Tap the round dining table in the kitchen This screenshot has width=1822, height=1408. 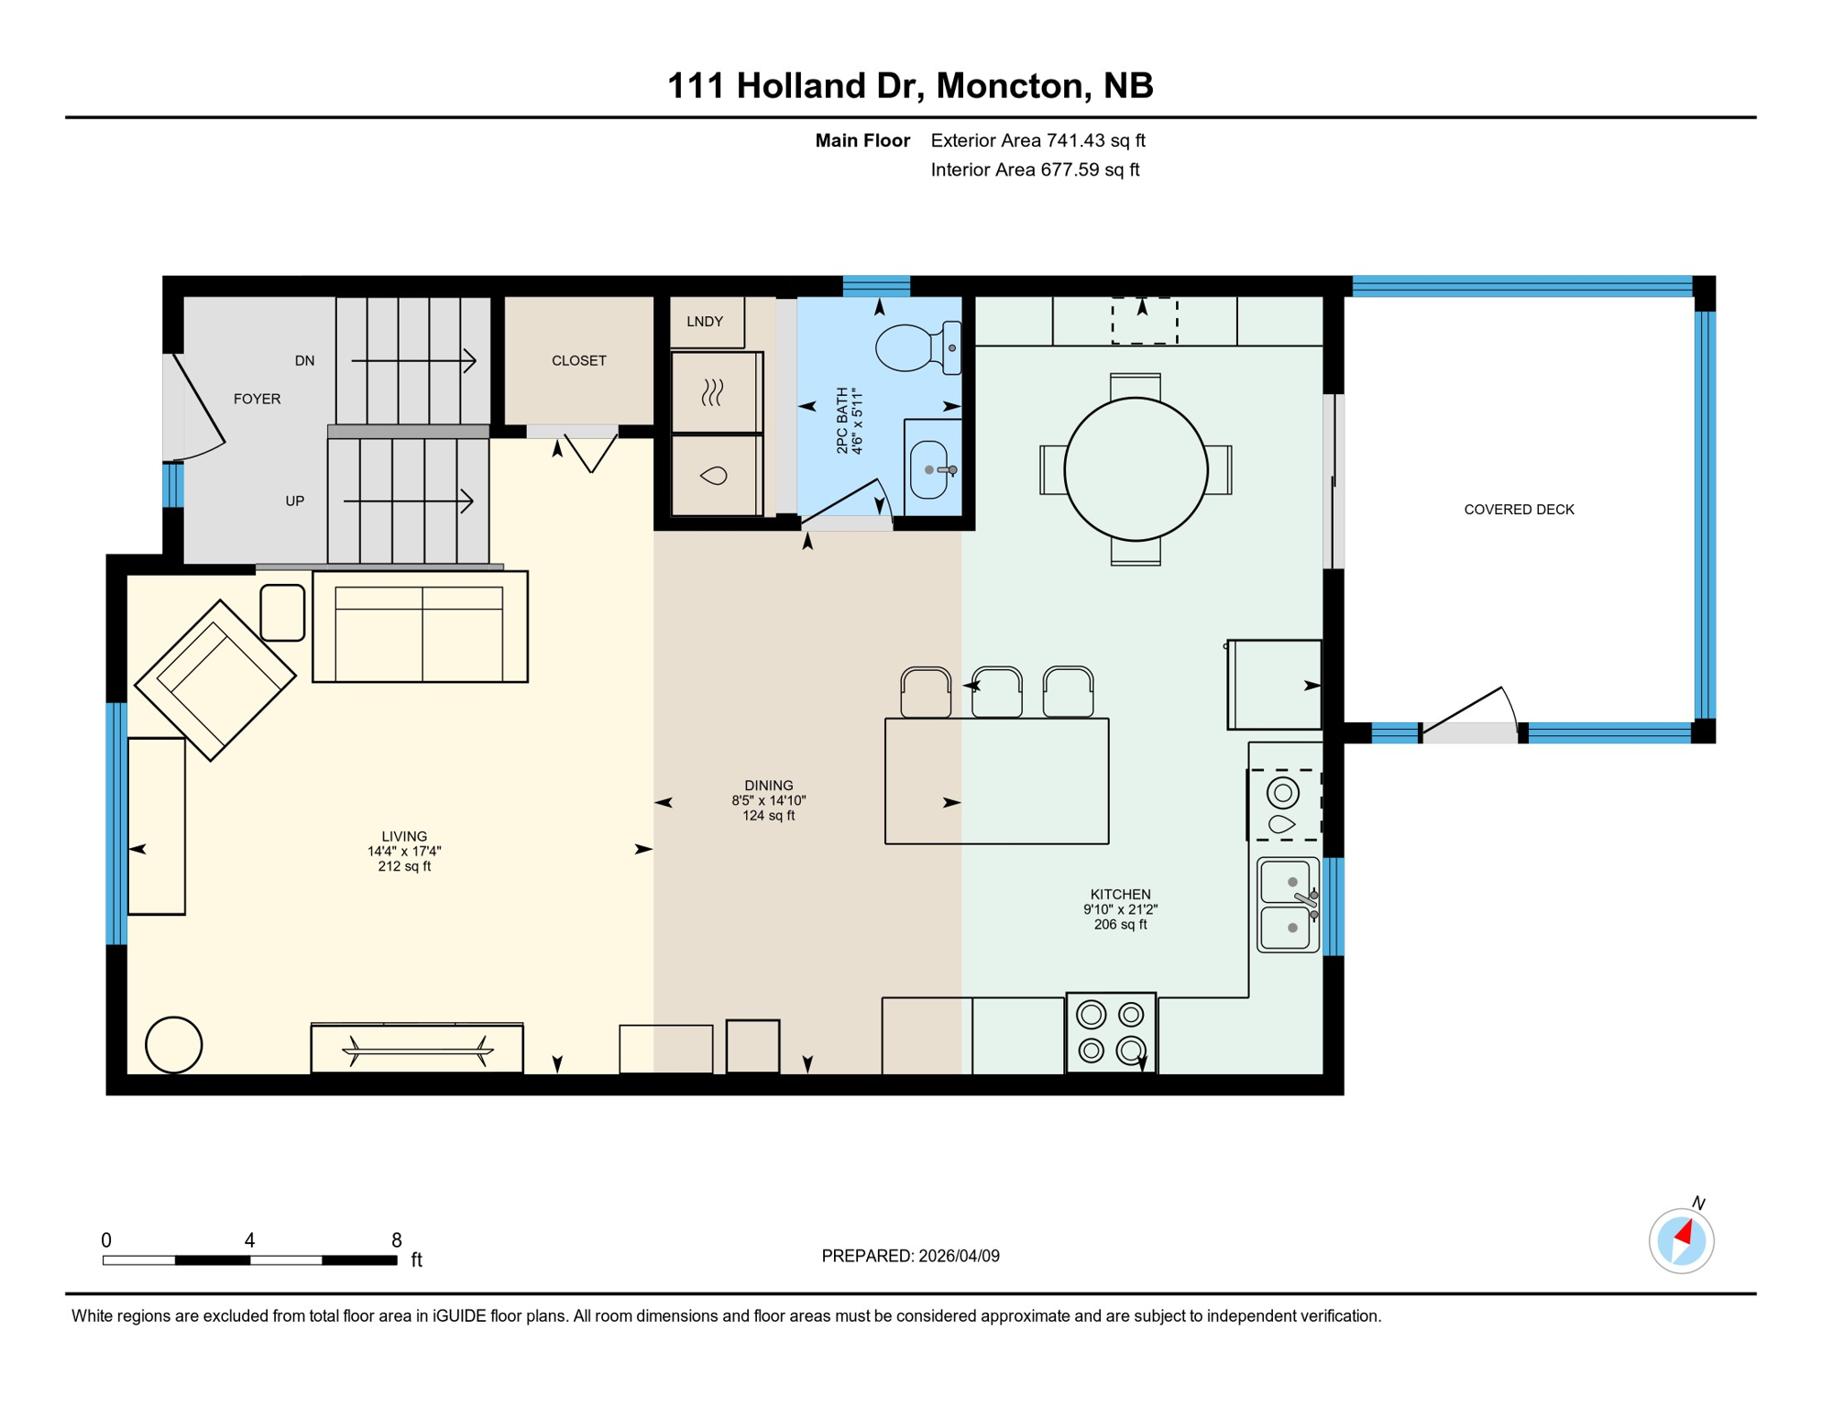[1136, 469]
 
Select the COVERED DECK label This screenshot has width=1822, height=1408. [1519, 510]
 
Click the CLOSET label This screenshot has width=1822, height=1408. [578, 361]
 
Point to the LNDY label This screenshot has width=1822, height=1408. [705, 322]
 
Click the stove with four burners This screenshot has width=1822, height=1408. [1111, 1032]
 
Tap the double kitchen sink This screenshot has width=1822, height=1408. [1288, 905]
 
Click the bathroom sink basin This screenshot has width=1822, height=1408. [929, 470]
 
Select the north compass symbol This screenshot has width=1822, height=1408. [1681, 1240]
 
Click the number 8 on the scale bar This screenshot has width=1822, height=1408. [396, 1240]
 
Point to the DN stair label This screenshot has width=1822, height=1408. [305, 361]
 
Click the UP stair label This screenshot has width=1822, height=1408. [295, 501]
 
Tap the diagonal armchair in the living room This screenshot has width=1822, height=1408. [215, 680]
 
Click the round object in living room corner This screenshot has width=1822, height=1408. [173, 1044]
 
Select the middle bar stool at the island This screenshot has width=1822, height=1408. [997, 692]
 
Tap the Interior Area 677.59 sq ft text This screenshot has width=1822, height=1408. [1035, 170]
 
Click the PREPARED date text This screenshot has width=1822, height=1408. [910, 1256]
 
